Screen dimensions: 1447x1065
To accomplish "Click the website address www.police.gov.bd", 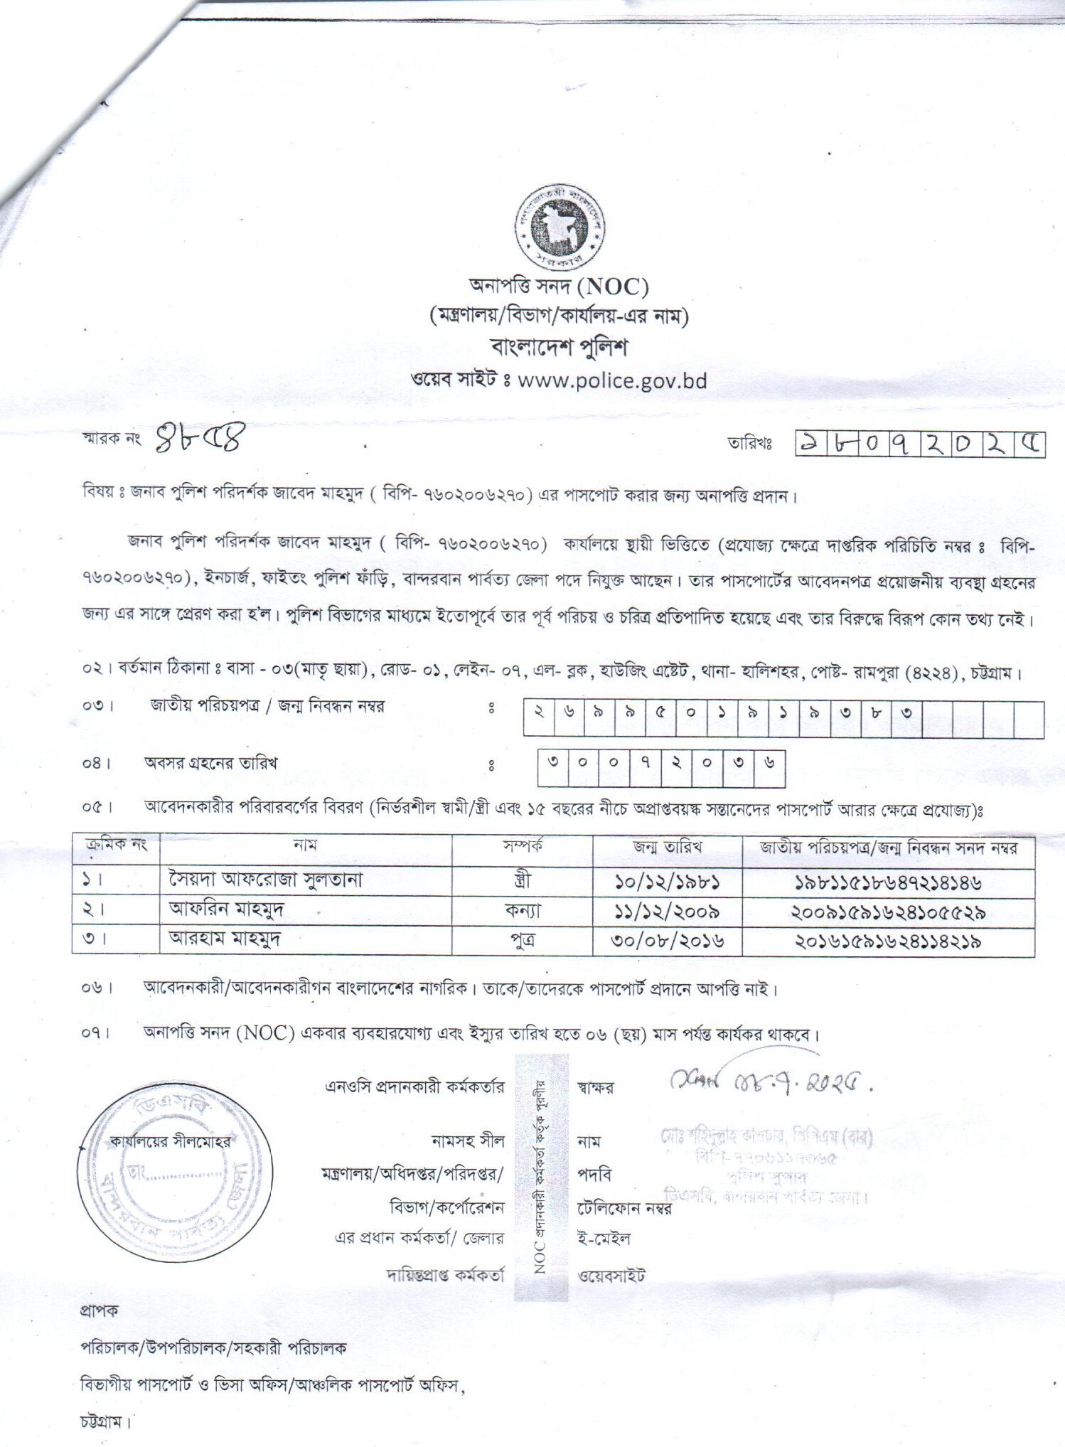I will (612, 380).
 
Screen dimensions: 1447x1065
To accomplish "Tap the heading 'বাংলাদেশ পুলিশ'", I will (560, 348).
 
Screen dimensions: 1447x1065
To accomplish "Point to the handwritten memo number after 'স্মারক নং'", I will (198, 439).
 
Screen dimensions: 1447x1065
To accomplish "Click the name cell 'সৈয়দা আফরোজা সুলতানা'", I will (266, 880).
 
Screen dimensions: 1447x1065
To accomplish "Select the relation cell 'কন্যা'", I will (523, 910).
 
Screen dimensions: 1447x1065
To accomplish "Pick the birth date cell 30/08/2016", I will (668, 941).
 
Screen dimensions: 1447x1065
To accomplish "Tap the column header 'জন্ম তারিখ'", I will (668, 847).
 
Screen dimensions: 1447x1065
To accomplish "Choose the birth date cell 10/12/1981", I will (668, 882).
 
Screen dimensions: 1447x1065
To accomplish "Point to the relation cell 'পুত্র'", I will (523, 940).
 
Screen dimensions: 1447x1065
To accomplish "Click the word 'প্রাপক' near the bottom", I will (100, 1310).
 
